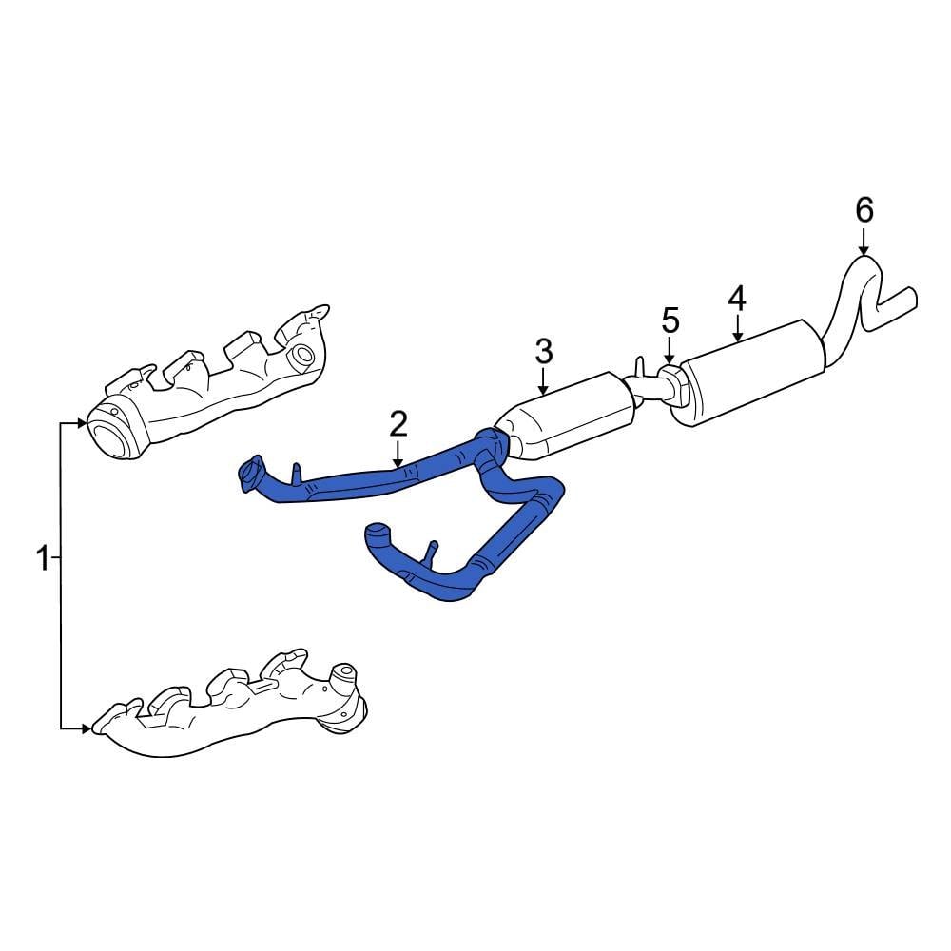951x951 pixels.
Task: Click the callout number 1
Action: [41, 558]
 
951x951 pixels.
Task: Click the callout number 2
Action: [398, 423]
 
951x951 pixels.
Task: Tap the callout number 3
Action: [543, 352]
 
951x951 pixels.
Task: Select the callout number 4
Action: [737, 298]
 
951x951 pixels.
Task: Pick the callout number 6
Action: [864, 209]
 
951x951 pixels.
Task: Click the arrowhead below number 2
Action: [398, 460]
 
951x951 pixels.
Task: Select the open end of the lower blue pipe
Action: [376, 533]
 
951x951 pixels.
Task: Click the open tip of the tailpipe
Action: [910, 297]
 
